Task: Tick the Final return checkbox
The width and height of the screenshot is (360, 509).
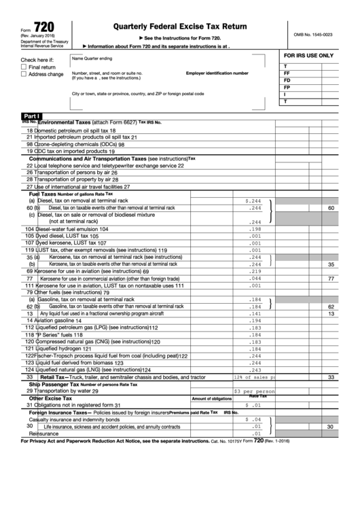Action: pyautogui.click(x=24, y=67)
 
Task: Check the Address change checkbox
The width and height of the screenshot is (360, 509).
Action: pyautogui.click(x=24, y=75)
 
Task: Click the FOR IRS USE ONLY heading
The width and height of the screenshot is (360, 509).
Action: pyautogui.click(x=308, y=55)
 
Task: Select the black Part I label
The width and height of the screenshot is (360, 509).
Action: pyautogui.click(x=31, y=116)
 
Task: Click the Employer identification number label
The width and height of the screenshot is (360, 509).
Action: pyautogui.click(x=217, y=73)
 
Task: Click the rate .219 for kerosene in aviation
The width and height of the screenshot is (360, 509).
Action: pyautogui.click(x=255, y=271)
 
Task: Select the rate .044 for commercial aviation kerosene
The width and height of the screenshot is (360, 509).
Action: pyautogui.click(x=255, y=279)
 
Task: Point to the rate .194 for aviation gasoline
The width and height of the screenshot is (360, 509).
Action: pyautogui.click(x=255, y=320)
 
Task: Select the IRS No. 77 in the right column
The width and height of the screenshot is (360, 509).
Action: pyautogui.click(x=331, y=279)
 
